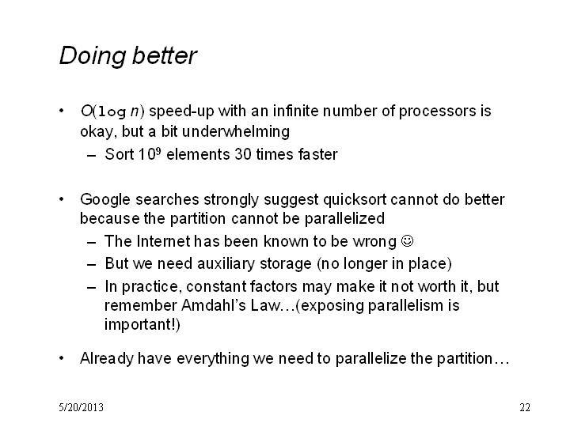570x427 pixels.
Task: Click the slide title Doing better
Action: [x=128, y=56]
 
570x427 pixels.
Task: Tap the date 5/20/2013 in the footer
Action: [x=81, y=407]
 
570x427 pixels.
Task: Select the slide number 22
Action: [x=525, y=407]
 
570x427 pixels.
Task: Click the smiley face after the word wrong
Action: [x=407, y=240]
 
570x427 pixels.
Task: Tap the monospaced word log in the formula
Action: [x=112, y=111]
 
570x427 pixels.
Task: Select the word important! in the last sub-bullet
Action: [x=142, y=325]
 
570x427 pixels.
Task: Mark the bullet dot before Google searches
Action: [x=62, y=199]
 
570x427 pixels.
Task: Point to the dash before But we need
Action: [x=92, y=265]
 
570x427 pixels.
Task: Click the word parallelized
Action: [x=344, y=219]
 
